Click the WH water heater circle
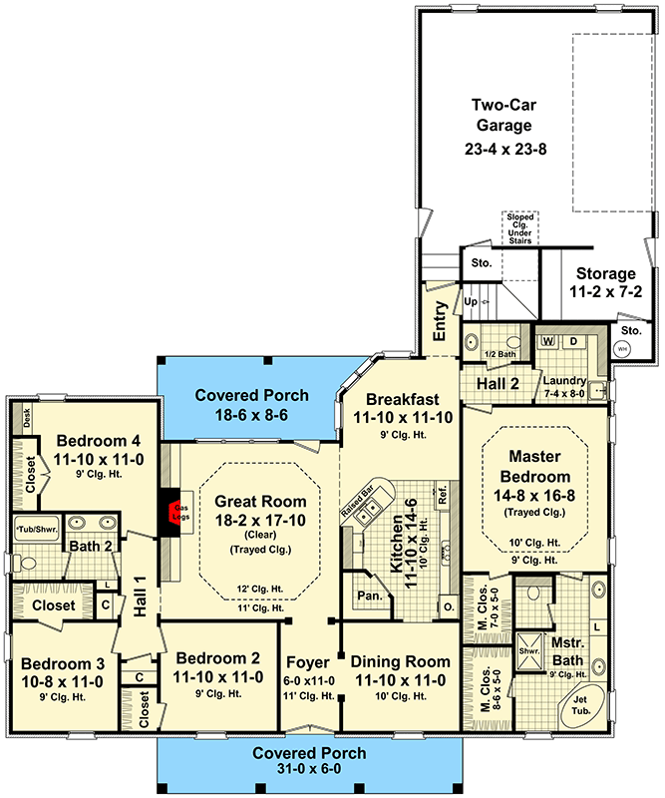(622, 349)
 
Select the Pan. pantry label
(363, 597)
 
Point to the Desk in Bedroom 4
(26, 420)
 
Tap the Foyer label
(307, 662)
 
